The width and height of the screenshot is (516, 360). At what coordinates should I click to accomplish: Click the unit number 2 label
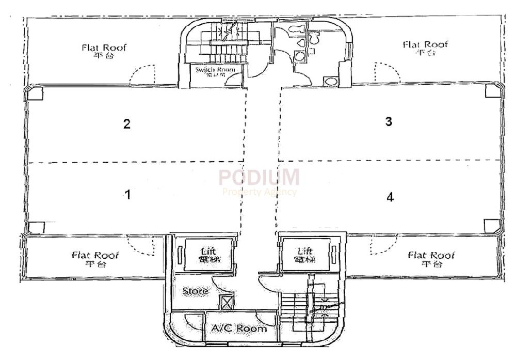(126, 124)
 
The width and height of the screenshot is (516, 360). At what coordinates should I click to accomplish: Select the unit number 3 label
(389, 122)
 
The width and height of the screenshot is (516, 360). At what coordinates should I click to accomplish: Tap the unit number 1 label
(127, 195)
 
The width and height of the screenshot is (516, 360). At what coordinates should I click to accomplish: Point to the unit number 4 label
(390, 197)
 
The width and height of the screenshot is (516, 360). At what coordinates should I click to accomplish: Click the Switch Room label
(215, 70)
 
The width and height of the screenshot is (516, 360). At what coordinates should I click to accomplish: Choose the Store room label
(195, 291)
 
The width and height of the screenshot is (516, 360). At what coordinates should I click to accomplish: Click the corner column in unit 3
(491, 91)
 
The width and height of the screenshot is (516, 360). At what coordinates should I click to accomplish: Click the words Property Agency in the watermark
(260, 192)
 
